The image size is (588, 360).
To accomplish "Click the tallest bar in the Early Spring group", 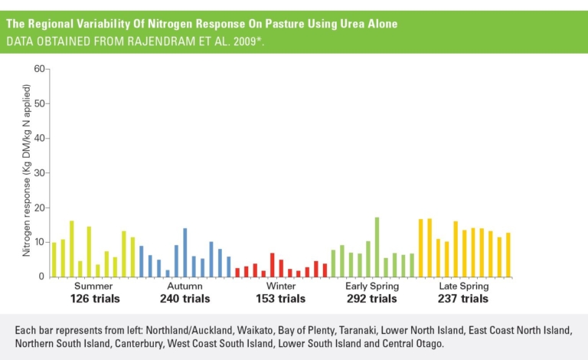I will pos(377,247).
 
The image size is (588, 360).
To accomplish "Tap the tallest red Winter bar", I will pos(272,264).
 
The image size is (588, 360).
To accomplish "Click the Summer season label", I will pos(94,286).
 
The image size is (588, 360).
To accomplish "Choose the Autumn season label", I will pos(185,286).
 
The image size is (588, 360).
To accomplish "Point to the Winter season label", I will pos(280,286).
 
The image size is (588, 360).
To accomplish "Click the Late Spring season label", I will pos(463,286).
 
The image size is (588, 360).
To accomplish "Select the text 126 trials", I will pos(95,299).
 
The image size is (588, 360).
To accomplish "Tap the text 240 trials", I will pos(185,299).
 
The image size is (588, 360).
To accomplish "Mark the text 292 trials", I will pos(372,299).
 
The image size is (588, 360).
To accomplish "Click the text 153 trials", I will pos(280,299).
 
